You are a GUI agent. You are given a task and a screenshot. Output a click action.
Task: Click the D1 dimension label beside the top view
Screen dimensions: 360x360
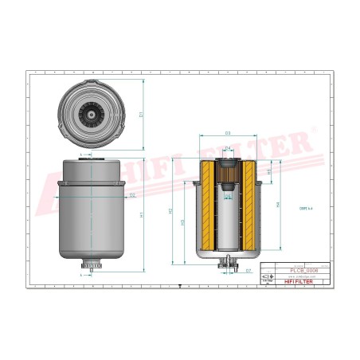pyautogui.click(x=142, y=115)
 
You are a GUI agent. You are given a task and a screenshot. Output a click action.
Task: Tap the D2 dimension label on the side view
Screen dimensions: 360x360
pyautogui.click(x=131, y=194)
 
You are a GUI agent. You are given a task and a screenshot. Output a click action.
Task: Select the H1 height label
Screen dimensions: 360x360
pyautogui.click(x=142, y=216)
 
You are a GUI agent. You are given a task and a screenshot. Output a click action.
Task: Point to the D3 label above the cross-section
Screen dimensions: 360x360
pyautogui.click(x=228, y=132)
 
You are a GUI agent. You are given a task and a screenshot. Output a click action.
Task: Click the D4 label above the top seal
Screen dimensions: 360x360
pyautogui.click(x=228, y=149)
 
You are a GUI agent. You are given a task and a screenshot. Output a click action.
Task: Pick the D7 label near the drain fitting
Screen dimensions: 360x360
pyautogui.click(x=248, y=271)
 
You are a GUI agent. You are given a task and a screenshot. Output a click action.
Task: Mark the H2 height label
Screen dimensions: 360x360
pyautogui.click(x=172, y=211)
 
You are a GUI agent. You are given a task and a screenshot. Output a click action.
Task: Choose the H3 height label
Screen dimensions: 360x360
pyautogui.click(x=184, y=222)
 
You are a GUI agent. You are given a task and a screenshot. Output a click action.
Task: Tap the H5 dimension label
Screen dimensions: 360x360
pyautogui.click(x=268, y=170)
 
